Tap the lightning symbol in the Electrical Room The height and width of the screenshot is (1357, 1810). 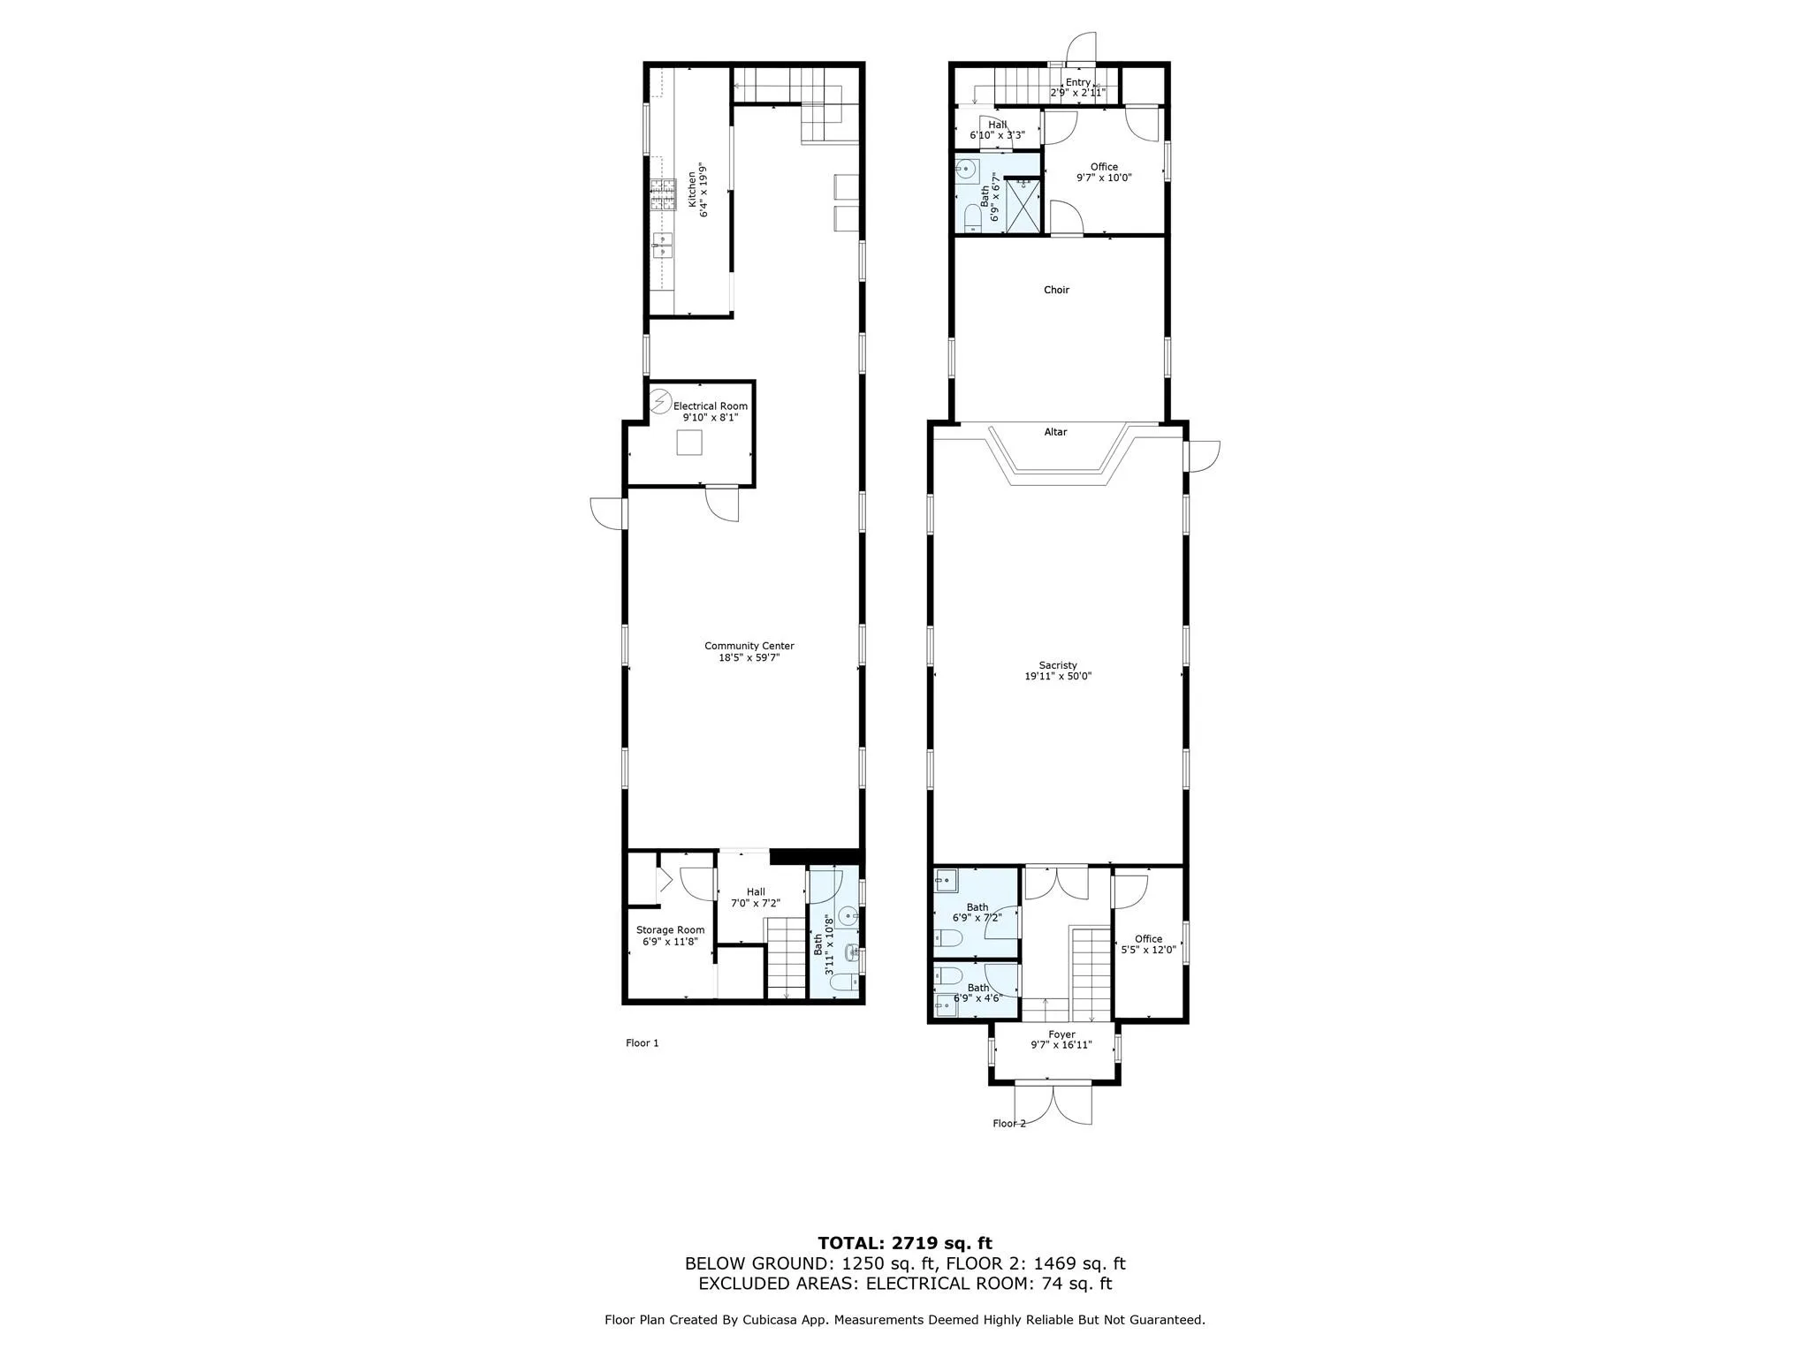(660, 403)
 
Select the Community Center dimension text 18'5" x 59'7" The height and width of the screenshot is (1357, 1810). (749, 657)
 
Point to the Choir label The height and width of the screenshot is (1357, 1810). (1056, 290)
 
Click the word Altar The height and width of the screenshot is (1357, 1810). (1055, 432)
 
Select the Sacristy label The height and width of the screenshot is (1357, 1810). (1058, 665)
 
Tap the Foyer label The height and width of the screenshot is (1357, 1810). (1061, 1035)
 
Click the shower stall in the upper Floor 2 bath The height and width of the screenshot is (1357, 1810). (1023, 205)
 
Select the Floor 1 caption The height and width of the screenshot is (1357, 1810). (643, 1043)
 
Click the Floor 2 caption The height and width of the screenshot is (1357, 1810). (1009, 1124)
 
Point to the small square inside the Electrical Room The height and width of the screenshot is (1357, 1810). (689, 442)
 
